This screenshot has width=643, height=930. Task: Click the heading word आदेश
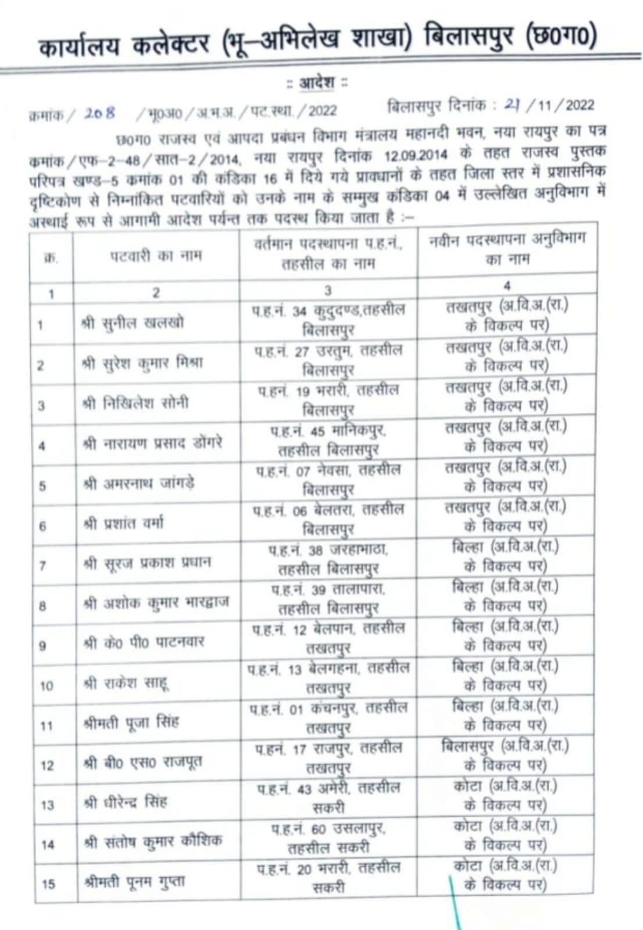(x=317, y=83)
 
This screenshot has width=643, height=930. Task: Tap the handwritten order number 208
(x=99, y=113)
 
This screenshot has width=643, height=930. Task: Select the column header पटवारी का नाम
(x=156, y=255)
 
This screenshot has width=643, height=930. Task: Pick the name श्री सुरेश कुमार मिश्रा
(x=142, y=363)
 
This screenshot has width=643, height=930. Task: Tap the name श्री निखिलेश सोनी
(x=135, y=403)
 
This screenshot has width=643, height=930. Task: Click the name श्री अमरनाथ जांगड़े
(x=139, y=484)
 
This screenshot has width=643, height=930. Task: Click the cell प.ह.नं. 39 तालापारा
(x=328, y=598)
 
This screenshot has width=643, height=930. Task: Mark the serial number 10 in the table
(x=47, y=686)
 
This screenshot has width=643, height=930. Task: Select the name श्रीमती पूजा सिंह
(x=131, y=723)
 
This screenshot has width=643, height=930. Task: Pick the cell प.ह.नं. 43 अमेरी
(x=328, y=797)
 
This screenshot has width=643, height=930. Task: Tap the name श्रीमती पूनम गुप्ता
(x=134, y=882)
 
